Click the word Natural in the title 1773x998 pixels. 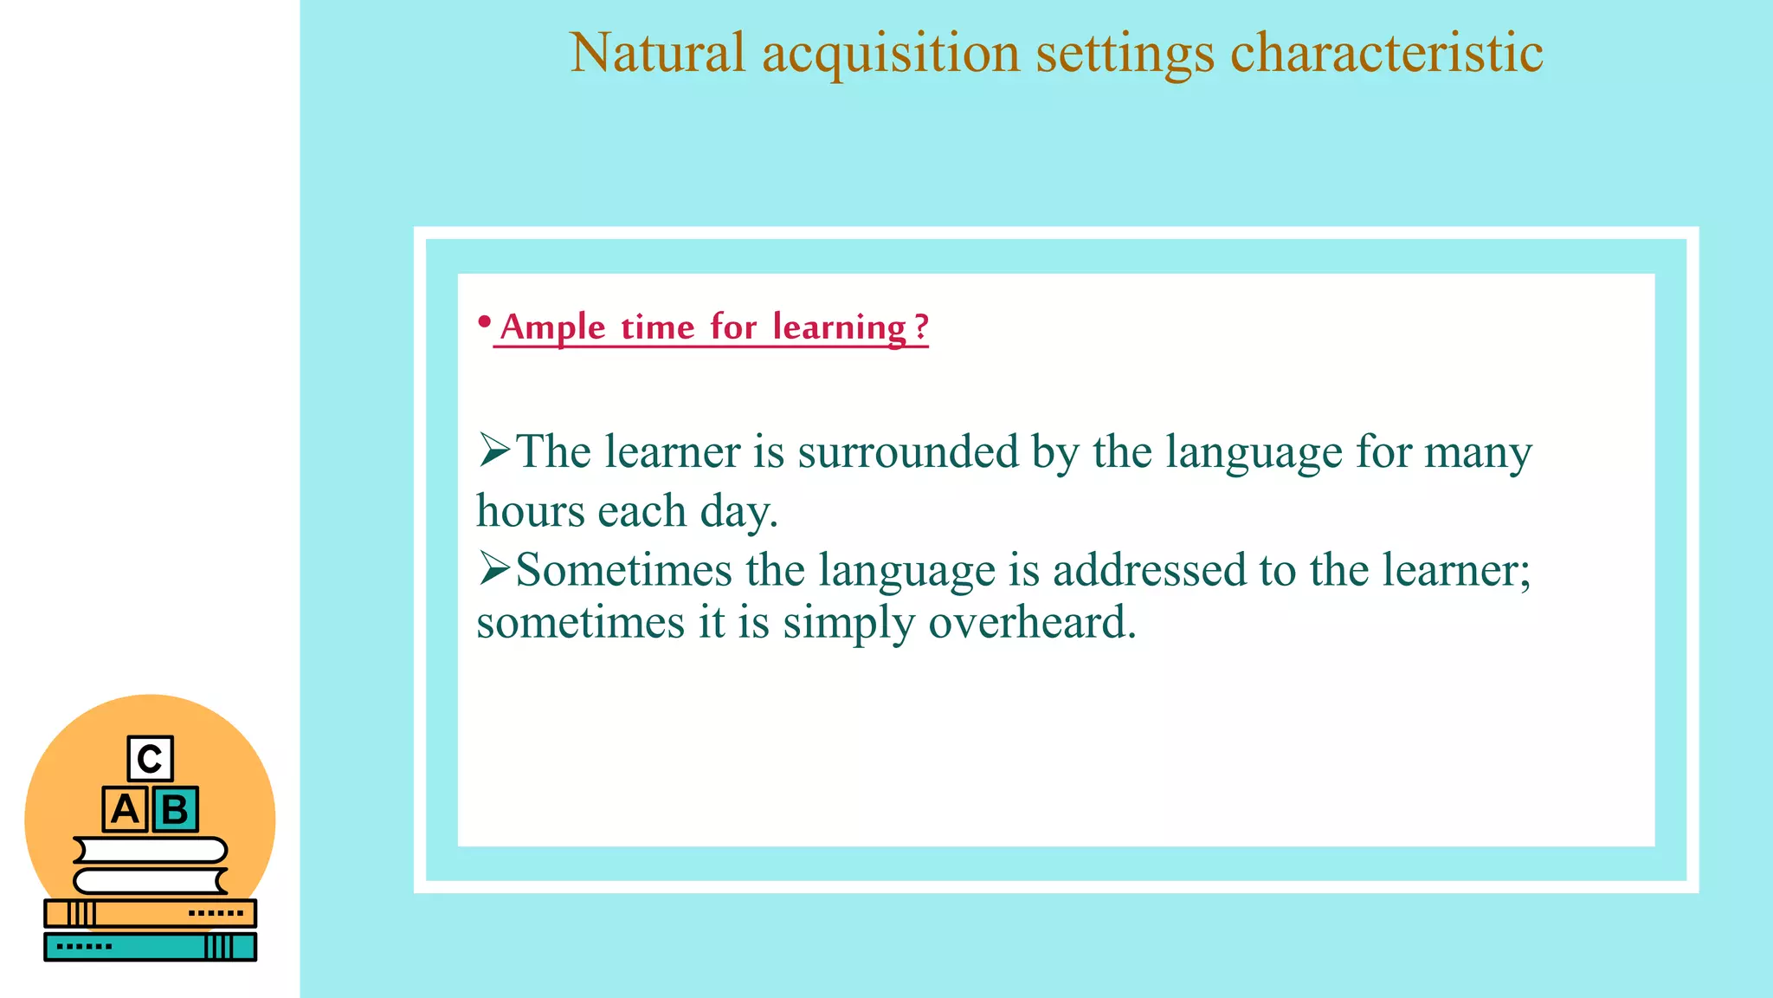[x=657, y=54]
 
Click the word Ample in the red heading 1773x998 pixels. [x=552, y=327]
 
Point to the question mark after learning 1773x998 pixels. [x=921, y=327]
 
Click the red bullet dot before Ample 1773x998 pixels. [x=485, y=323]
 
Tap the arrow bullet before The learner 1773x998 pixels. [x=494, y=450]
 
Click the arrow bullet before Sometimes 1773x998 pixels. [x=494, y=568]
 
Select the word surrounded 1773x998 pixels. [x=908, y=452]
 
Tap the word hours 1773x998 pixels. [x=531, y=511]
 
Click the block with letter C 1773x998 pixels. [x=150, y=759]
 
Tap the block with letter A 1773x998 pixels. [x=125, y=810]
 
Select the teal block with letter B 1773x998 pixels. [x=175, y=810]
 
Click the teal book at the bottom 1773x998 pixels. [x=150, y=947]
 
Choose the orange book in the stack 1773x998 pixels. [x=150, y=913]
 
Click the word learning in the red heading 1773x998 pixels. [x=839, y=328]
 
